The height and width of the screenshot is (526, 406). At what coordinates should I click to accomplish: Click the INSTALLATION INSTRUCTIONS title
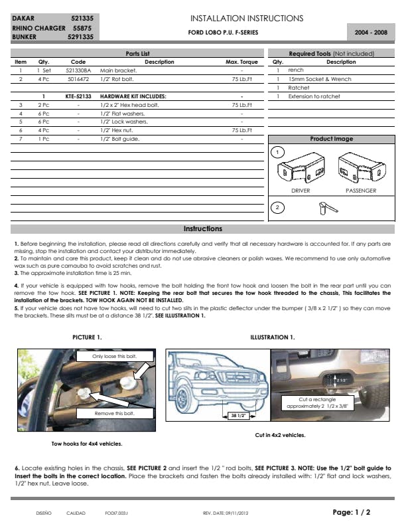(247, 18)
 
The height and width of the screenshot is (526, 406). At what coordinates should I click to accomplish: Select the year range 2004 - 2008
(372, 32)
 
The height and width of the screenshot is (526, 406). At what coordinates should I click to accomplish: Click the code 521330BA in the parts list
(78, 70)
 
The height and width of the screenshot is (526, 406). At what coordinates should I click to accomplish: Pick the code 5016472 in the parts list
(78, 79)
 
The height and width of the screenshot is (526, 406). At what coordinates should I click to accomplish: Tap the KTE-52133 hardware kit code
(78, 96)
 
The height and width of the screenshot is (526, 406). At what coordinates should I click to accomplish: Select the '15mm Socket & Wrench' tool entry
(314, 79)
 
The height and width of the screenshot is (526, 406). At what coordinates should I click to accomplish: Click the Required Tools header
(331, 53)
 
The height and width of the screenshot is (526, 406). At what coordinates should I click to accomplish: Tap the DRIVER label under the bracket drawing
(301, 191)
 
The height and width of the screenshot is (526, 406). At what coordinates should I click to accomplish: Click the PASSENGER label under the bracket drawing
(361, 191)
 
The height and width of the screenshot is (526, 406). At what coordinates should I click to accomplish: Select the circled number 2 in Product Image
(278, 208)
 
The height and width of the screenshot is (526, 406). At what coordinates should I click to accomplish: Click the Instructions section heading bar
(203, 229)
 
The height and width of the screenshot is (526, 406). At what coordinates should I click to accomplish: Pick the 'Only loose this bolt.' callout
(115, 357)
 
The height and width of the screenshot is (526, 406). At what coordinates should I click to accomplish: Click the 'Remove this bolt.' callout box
(115, 413)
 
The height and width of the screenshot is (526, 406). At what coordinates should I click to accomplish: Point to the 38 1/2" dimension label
(236, 416)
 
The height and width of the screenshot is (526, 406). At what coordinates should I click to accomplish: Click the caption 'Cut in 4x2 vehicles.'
(281, 435)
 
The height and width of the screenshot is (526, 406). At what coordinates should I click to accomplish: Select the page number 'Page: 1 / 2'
(351, 512)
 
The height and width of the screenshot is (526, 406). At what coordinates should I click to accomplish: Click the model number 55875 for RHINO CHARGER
(82, 29)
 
